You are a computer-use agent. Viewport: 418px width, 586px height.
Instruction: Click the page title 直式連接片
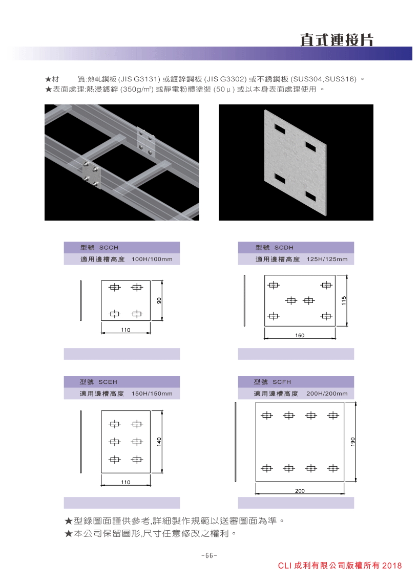pos(337,40)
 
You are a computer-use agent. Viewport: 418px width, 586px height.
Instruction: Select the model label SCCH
pos(109,248)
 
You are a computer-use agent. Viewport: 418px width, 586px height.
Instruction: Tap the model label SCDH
pos(284,248)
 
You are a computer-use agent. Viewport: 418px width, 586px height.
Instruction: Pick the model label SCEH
pos(108,382)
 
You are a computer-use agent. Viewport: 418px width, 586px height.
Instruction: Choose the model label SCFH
pos(282,382)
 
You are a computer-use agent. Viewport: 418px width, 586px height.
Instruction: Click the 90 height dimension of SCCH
pos(159,300)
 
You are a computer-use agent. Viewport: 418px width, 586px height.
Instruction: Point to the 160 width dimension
pos(300,335)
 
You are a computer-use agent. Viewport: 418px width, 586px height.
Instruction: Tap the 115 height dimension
pos(344,300)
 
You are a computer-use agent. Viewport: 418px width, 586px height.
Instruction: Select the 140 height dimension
pos(159,441)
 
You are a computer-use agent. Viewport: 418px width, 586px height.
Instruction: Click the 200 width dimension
pos(300,491)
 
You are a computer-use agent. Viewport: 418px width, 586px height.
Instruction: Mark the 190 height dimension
pos(352,441)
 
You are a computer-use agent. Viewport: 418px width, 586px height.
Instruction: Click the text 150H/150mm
pos(152,394)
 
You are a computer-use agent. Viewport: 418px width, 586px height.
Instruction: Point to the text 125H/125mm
pos(327,259)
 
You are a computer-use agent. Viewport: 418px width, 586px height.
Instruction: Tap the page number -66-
pos(209,556)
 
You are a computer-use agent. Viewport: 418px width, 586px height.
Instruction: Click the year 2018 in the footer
pos(392,566)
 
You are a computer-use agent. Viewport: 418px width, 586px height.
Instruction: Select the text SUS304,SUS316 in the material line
pos(324,79)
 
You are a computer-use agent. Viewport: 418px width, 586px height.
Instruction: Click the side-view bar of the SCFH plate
pos(236,442)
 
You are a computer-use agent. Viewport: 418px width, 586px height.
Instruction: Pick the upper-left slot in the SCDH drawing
pos(274,286)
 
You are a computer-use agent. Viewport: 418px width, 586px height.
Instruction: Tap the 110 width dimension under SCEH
pos(126,482)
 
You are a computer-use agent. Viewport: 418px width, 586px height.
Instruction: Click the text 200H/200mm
pos(327,394)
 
